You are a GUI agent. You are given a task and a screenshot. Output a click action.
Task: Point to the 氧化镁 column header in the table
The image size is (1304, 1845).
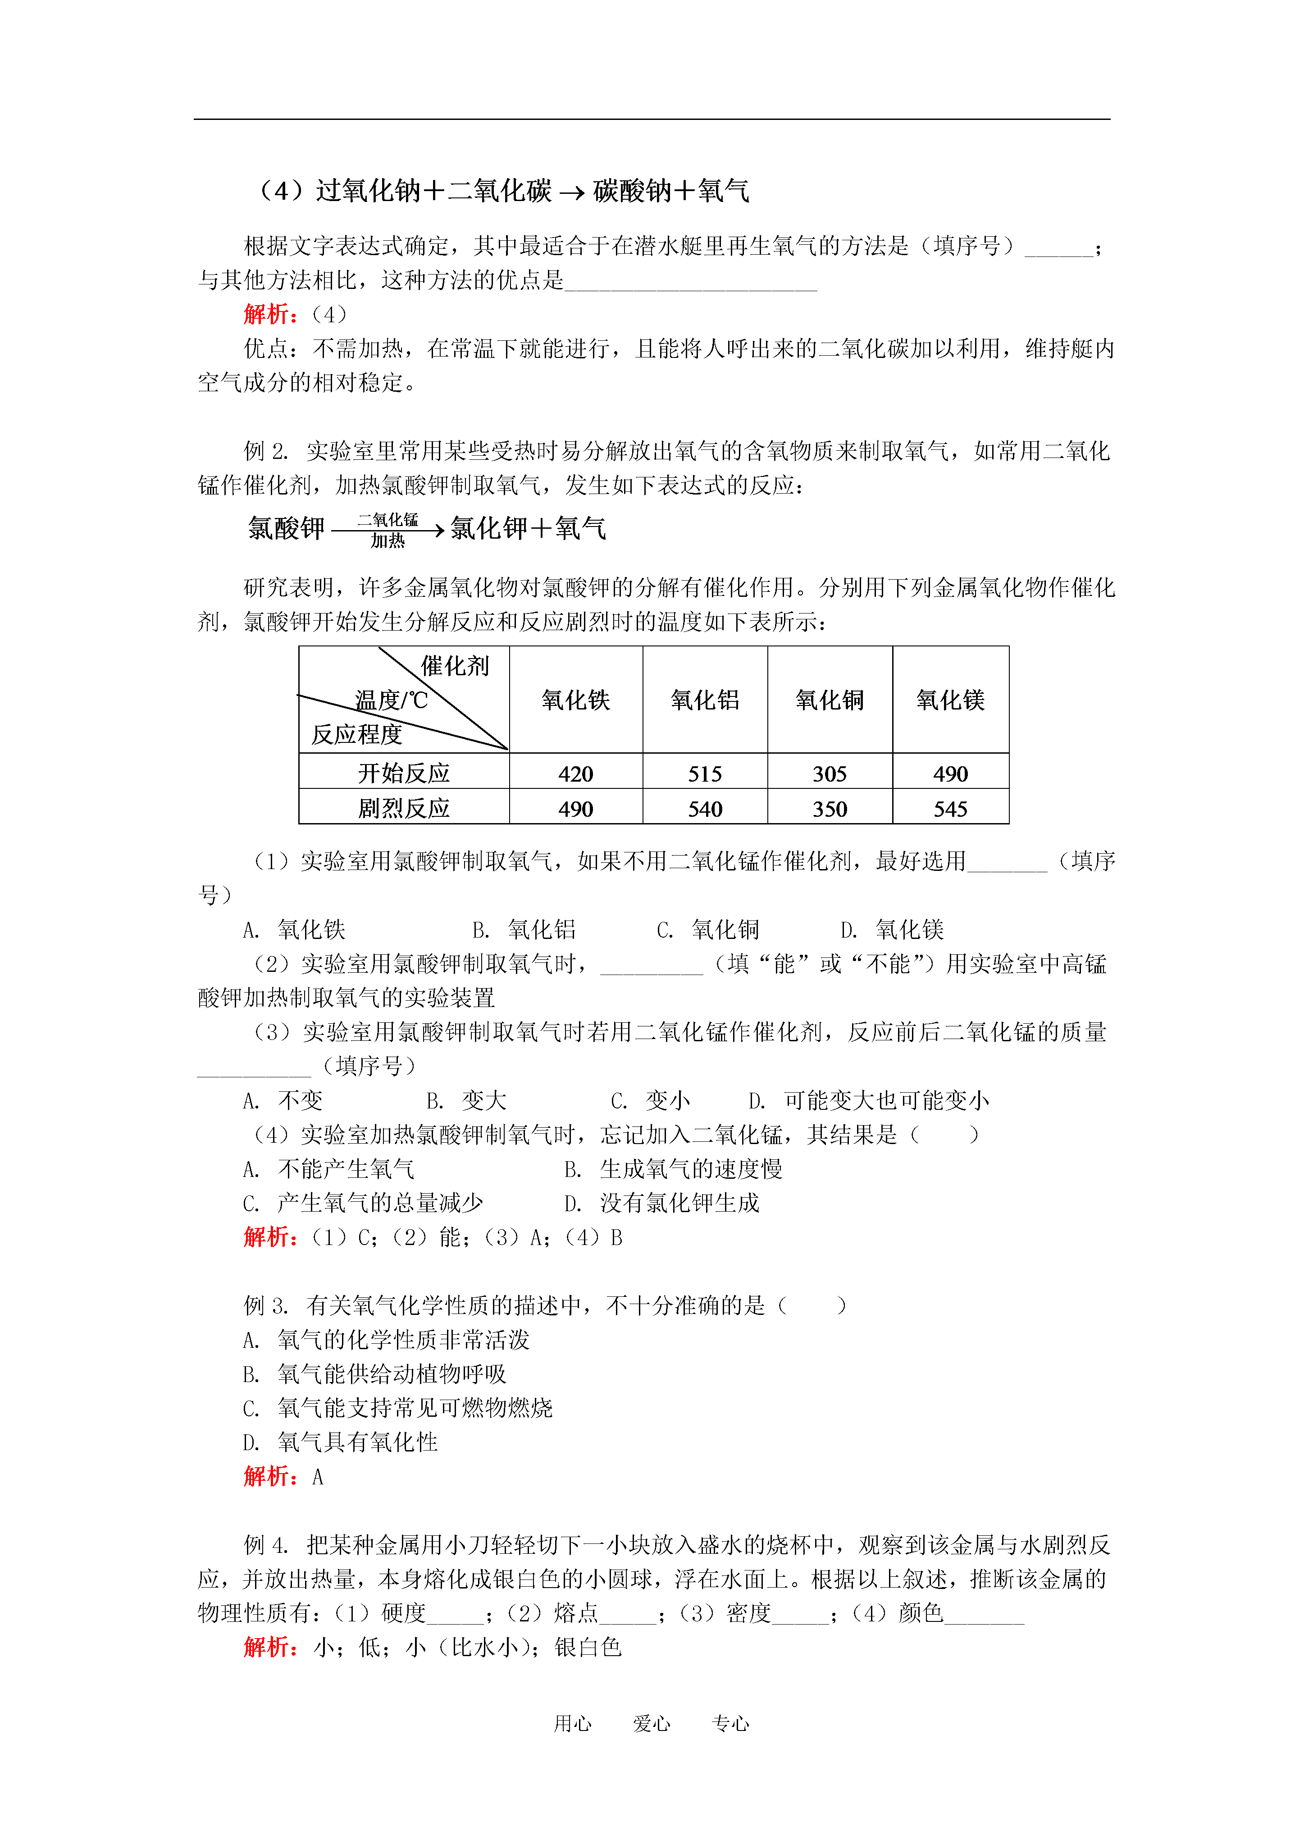point(950,700)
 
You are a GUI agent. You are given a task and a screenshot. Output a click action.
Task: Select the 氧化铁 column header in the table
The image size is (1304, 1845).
point(575,700)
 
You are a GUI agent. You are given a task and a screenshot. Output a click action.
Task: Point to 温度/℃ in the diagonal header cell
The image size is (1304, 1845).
point(391,700)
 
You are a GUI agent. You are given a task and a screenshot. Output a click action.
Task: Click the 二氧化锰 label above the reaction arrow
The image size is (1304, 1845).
point(388,520)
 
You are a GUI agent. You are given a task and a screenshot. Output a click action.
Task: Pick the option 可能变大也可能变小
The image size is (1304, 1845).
point(886,1100)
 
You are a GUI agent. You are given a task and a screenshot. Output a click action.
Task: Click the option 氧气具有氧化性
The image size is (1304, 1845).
point(357,1442)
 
